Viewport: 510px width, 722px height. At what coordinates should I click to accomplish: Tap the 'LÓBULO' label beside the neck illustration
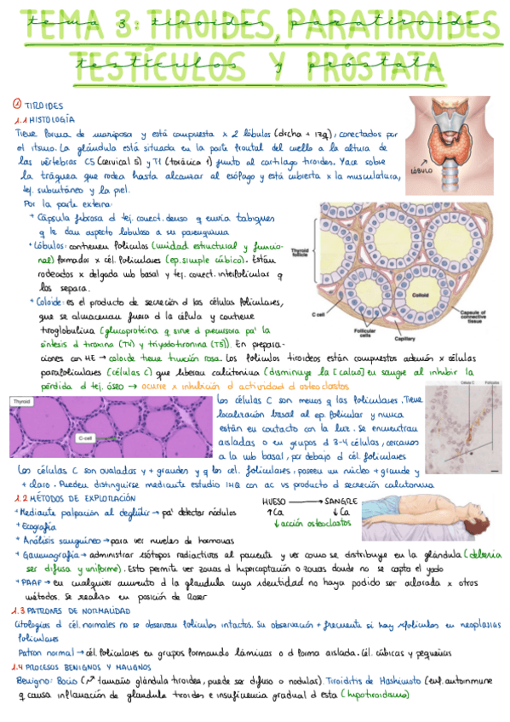(421, 170)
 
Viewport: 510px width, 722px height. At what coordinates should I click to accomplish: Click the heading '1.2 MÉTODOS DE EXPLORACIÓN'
(74, 497)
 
